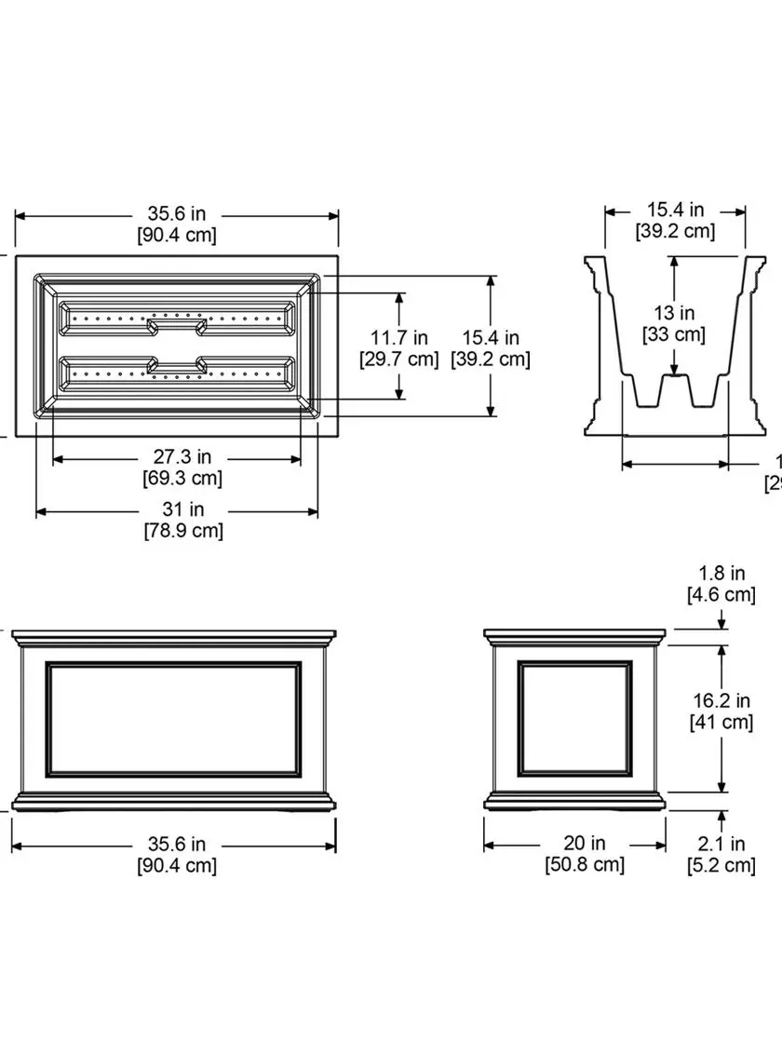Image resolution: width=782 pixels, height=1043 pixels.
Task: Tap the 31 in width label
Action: point(183,509)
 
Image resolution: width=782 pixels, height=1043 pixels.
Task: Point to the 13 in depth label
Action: point(674,313)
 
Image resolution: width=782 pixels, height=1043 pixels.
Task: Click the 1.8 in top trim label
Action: point(721,573)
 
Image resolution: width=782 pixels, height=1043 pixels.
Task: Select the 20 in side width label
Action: point(585,843)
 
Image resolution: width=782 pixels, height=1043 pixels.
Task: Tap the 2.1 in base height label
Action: point(721,845)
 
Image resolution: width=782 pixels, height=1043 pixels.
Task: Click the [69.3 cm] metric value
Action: point(183,479)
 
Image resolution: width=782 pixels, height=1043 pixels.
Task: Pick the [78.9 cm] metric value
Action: point(183,531)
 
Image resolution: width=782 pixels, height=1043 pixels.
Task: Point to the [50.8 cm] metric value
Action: point(585,864)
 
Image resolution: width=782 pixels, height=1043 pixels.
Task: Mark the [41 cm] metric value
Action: point(721,722)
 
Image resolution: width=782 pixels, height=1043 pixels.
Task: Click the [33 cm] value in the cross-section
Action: point(674,333)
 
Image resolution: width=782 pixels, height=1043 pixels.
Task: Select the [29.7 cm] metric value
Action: point(398,359)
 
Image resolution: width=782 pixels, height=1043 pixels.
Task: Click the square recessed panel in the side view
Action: point(574,717)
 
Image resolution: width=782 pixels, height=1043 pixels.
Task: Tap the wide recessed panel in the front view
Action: point(175,718)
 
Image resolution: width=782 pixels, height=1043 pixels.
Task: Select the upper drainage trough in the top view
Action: point(177,318)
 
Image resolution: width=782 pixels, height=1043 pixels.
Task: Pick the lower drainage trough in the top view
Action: point(177,372)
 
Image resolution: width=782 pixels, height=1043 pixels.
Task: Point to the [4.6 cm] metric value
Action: point(721,594)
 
